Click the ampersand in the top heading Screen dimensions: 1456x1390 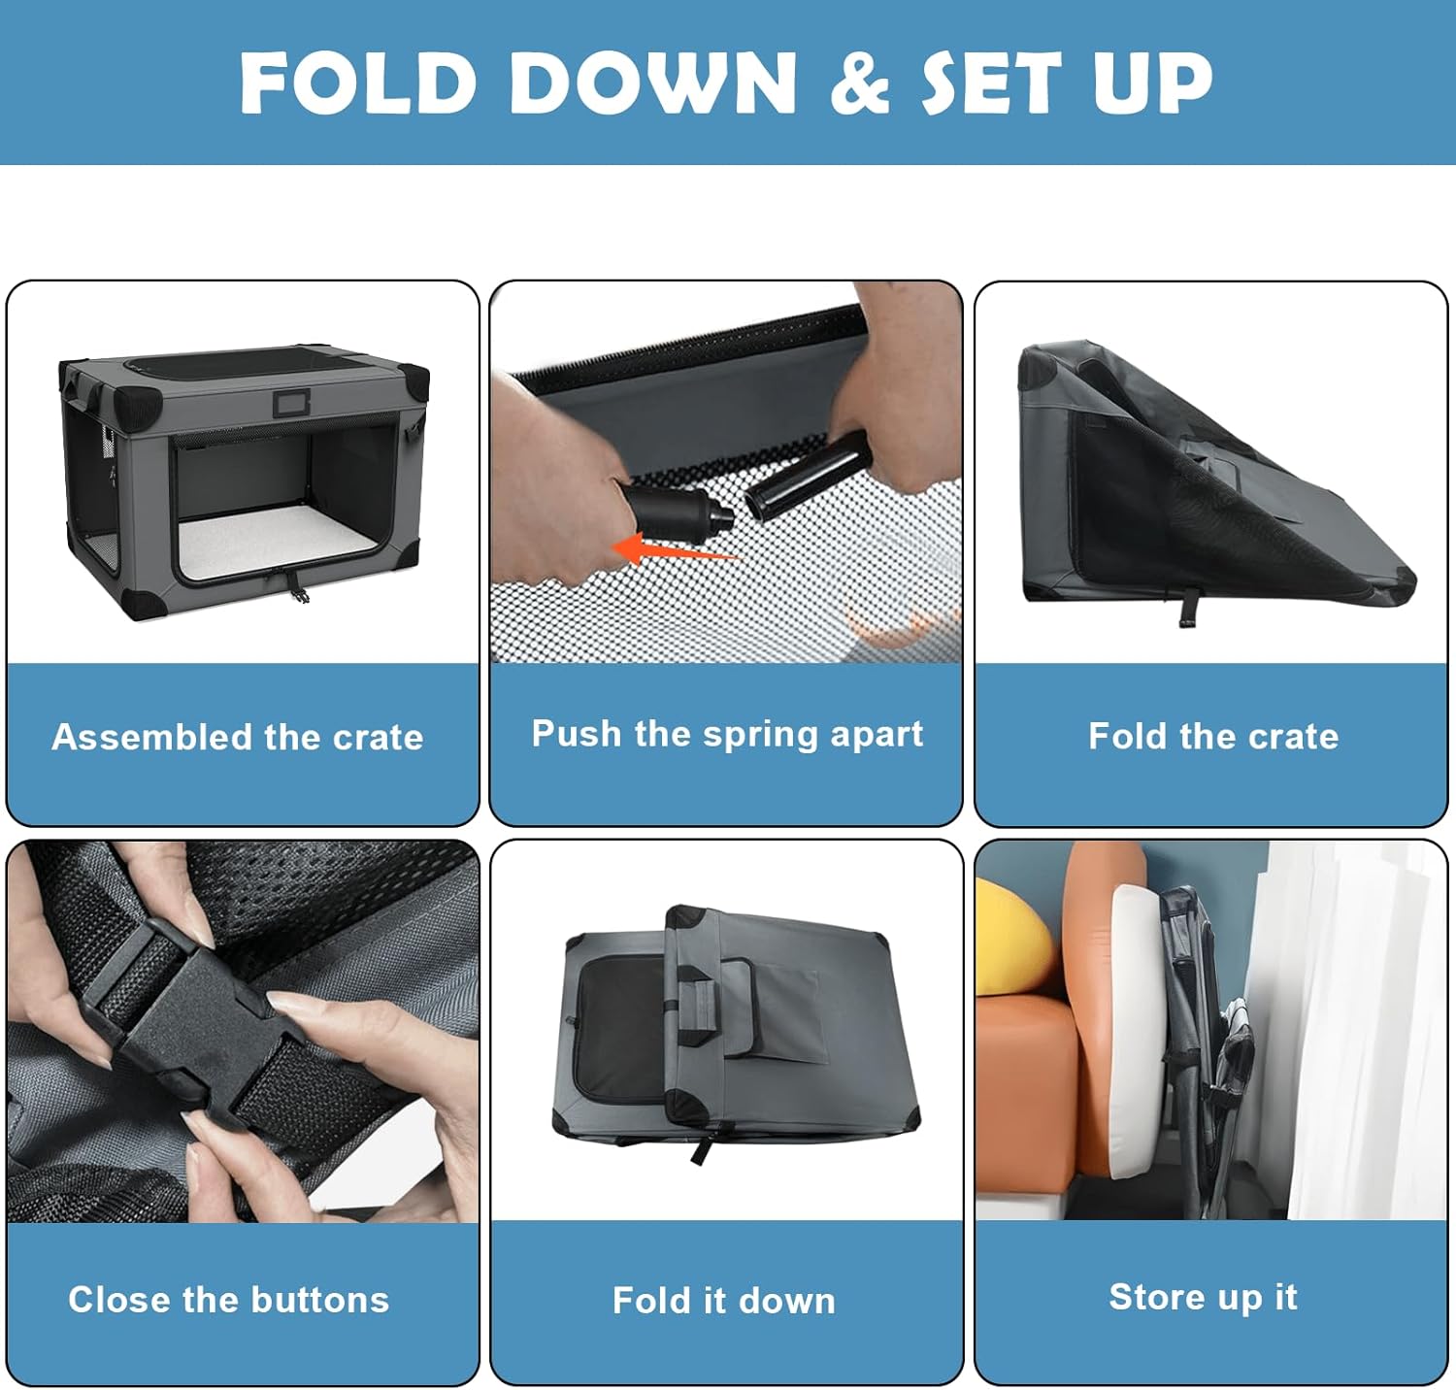click(x=860, y=82)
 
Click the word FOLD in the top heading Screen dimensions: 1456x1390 click(x=357, y=82)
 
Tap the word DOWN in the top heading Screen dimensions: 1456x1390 click(x=652, y=82)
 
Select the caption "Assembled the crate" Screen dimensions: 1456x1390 click(x=238, y=737)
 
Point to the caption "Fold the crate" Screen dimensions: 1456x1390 click(x=1213, y=736)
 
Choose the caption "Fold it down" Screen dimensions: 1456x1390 click(x=724, y=1300)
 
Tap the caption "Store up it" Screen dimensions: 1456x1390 click(x=1204, y=1297)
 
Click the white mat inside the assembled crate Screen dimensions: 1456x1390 click(x=277, y=544)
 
